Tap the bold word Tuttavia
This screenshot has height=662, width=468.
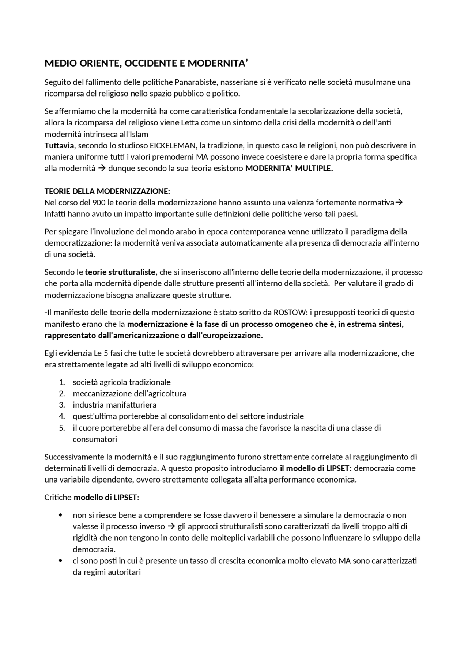[59, 145]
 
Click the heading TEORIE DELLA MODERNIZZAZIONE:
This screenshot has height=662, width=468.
[107, 191]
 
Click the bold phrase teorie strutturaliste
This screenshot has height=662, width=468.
[120, 272]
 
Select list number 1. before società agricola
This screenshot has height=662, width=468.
[62, 382]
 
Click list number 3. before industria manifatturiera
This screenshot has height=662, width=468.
[62, 405]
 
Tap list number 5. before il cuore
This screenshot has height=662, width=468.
[62, 428]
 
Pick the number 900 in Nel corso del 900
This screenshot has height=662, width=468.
[99, 203]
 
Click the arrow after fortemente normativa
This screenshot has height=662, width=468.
[399, 203]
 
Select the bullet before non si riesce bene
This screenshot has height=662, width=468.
[60, 515]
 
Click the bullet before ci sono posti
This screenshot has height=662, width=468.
[60, 561]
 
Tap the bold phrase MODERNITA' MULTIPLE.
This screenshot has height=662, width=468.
[289, 169]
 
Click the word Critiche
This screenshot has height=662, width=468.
[58, 498]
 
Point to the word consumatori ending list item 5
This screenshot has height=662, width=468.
[95, 439]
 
